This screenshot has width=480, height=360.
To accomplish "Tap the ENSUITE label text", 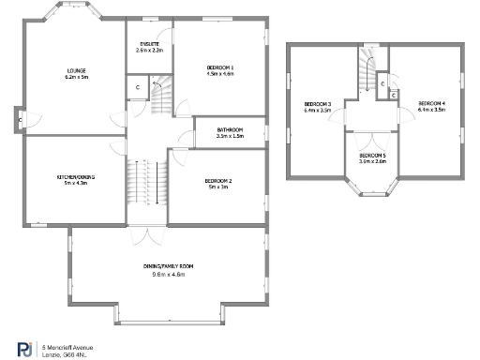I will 149,44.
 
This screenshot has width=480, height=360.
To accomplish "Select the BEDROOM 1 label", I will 220,67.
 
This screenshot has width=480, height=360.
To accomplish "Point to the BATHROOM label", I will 230,129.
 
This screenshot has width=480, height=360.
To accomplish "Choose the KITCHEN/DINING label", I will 75,177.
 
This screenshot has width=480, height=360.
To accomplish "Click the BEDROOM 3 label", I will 318,103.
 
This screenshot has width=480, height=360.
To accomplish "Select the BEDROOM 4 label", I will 431,103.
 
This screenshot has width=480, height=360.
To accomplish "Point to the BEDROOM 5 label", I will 372,155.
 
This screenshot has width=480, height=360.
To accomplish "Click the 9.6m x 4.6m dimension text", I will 168,275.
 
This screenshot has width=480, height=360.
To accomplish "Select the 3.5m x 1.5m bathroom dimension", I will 230,136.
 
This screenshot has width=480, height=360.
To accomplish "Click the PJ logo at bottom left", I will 24,348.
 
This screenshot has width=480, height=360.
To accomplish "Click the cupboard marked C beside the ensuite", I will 137,87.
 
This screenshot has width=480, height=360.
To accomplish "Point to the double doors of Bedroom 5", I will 372,128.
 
